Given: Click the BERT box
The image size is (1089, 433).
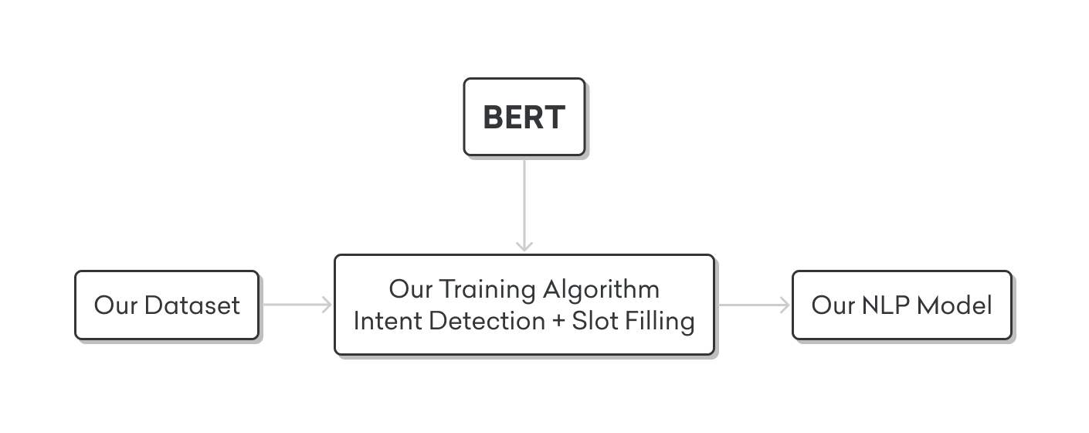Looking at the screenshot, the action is coord(524,117).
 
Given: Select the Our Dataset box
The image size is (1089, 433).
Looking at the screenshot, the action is coord(167,305).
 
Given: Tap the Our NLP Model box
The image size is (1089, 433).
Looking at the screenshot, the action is coord(902,305).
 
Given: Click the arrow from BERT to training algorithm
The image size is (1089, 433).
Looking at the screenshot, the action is coord(524,206).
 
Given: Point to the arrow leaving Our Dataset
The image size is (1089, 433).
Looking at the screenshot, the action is coord(297,305).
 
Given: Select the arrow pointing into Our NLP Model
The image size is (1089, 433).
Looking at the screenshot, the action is coord(755,305).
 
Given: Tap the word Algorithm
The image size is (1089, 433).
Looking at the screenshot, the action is coord(602,290).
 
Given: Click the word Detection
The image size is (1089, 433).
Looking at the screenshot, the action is coord(487,321).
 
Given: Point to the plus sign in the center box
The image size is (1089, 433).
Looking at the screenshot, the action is coord(558,322).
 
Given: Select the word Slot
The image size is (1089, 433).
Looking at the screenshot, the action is coord(595,321).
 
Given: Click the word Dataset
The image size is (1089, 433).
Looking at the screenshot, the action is coord(192,305).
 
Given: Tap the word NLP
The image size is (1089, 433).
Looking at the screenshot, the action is coord(885,305).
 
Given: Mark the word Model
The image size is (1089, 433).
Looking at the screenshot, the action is coord(955,305).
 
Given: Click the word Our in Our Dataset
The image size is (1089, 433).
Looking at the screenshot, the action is coord(116,305).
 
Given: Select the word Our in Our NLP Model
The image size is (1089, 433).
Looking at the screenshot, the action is coord(833,305).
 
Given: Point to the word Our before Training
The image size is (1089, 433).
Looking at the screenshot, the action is coord(411,289).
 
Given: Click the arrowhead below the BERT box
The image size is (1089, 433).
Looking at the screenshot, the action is coord(524,246).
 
